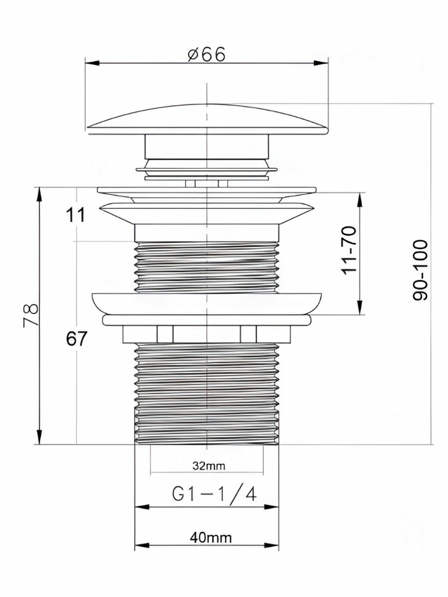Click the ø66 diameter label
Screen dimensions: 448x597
(207, 54)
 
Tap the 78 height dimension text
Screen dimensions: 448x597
(31, 315)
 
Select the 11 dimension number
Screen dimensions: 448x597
(75, 215)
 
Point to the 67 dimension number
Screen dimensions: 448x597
(77, 338)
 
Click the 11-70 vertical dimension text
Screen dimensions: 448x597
(349, 251)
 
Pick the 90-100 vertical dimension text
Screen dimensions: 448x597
(420, 270)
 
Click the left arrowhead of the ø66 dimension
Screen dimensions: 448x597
(92, 63)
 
